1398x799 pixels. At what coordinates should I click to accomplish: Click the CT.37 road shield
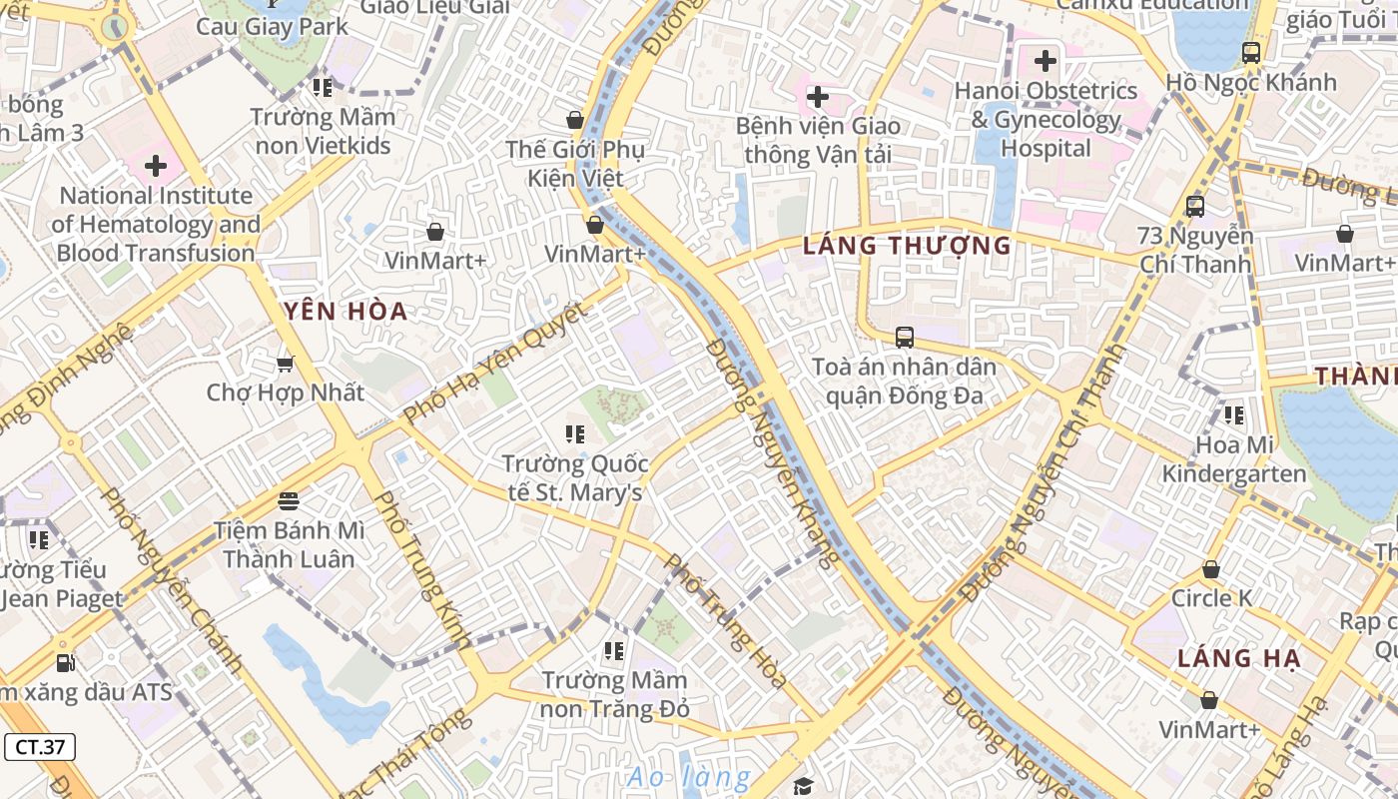tap(40, 746)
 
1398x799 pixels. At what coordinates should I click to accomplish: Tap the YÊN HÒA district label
tap(346, 312)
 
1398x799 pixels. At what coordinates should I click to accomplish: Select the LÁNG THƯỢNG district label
tap(907, 246)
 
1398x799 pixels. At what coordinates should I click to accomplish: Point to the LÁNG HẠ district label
tap(1238, 658)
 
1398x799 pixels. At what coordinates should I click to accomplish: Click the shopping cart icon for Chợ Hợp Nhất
tap(286, 364)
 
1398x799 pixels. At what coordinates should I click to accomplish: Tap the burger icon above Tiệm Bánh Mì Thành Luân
tap(289, 499)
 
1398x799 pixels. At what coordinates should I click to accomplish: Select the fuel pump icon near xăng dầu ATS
tap(65, 661)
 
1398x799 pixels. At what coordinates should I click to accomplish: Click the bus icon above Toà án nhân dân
tap(905, 338)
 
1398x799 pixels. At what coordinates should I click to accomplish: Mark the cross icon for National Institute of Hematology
tap(156, 166)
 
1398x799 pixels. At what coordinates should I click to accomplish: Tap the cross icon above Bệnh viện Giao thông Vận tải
tap(818, 97)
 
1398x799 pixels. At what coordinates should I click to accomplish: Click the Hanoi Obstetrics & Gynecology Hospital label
tap(1046, 119)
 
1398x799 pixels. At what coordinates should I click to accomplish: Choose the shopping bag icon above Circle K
tap(1211, 569)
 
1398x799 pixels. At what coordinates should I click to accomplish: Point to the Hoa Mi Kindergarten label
tap(1234, 459)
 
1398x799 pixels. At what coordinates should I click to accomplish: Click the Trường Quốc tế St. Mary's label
tap(574, 478)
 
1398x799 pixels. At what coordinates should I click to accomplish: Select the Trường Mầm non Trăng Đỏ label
tap(615, 695)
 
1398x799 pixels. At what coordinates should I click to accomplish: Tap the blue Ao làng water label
tap(688, 777)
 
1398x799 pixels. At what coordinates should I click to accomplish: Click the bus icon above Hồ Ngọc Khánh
tap(1250, 53)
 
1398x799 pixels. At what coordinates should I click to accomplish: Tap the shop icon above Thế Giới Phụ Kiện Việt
tap(575, 120)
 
